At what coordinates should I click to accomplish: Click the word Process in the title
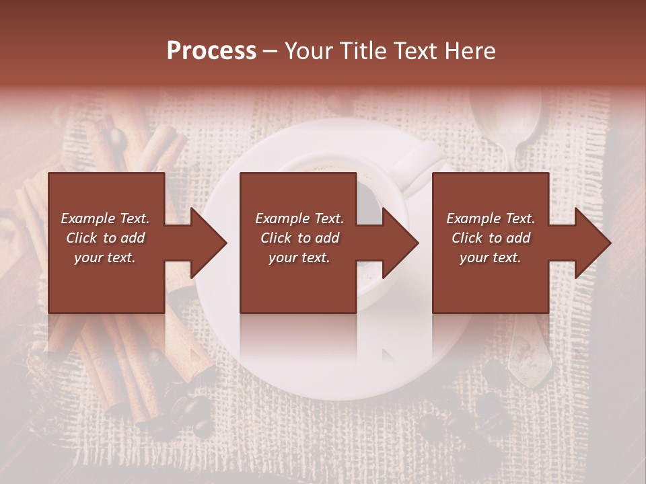pyautogui.click(x=211, y=51)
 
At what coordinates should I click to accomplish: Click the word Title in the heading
pyautogui.click(x=358, y=51)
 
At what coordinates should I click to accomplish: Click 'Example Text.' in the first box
pyautogui.click(x=105, y=218)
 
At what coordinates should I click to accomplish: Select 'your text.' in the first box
pyautogui.click(x=105, y=257)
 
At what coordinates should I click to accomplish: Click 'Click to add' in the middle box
pyautogui.click(x=299, y=238)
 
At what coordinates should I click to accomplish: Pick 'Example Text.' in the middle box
pyautogui.click(x=299, y=218)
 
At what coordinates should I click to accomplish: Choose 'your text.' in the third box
pyautogui.click(x=491, y=257)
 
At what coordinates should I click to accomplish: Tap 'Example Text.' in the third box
pyautogui.click(x=491, y=218)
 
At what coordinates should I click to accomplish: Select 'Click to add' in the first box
pyautogui.click(x=105, y=238)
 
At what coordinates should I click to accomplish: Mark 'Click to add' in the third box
pyautogui.click(x=491, y=238)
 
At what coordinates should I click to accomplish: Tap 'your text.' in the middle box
pyautogui.click(x=299, y=257)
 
